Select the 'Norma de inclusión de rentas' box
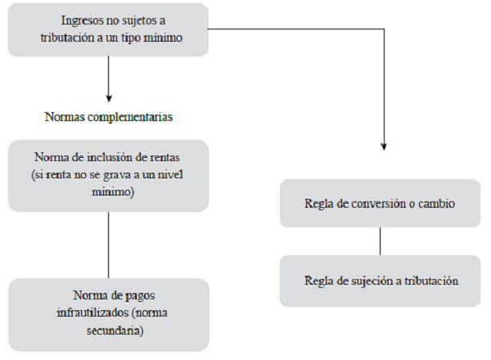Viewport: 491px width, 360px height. [x=108, y=175]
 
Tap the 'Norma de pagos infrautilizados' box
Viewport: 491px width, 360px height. [x=108, y=314]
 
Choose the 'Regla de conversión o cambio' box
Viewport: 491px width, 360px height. [x=380, y=203]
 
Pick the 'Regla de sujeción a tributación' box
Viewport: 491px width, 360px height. [x=380, y=281]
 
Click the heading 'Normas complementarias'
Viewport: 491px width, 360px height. [x=108, y=117]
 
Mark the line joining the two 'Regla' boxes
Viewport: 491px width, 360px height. [x=380, y=241]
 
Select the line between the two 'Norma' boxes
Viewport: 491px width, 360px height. [x=108, y=245]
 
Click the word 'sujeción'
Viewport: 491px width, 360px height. [x=373, y=281]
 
